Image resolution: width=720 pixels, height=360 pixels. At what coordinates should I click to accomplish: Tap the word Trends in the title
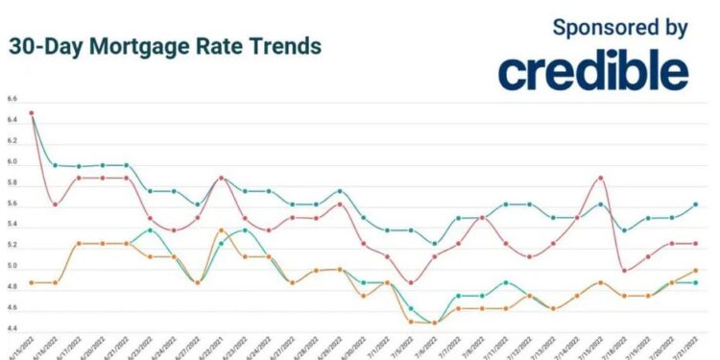[x=289, y=46]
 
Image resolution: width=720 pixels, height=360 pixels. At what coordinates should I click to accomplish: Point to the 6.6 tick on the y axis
[x=12, y=99]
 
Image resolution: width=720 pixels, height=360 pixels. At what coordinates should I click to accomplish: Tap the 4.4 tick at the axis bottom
[x=12, y=329]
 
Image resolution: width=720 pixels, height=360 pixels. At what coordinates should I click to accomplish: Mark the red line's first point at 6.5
[x=32, y=113]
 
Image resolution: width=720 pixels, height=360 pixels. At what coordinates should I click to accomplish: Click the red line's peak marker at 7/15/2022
[x=600, y=178]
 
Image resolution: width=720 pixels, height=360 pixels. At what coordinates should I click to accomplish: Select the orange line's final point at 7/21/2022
[x=695, y=271]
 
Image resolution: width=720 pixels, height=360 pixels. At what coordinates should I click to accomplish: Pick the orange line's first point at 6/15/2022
[x=32, y=282]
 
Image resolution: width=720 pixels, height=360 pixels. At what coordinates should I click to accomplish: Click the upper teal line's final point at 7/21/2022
[x=695, y=204]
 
